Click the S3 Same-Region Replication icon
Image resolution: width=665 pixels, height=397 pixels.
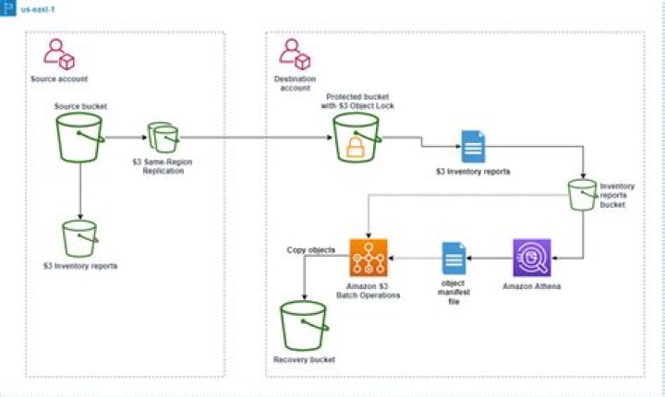163,137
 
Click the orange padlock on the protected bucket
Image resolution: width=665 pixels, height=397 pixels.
356,148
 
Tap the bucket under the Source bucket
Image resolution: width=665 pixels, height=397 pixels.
80,238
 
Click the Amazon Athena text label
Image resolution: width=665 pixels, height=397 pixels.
532,286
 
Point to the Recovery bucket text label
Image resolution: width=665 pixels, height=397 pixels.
304,358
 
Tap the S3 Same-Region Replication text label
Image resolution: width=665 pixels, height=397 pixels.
163,167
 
